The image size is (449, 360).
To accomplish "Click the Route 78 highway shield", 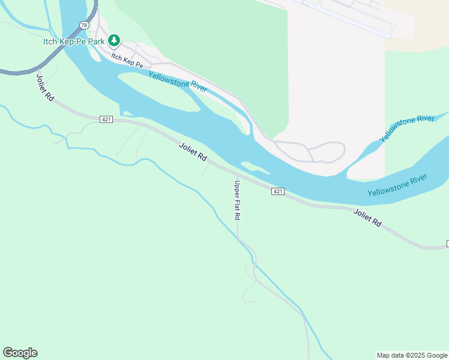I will [84, 25].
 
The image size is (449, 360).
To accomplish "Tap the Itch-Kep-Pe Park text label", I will [74, 41].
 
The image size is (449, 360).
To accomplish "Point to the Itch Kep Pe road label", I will [127, 60].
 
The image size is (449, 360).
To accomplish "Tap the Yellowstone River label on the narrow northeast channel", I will [407, 129].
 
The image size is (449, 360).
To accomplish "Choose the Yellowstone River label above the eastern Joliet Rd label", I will [397, 185].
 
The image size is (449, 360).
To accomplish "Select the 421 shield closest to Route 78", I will [106, 119].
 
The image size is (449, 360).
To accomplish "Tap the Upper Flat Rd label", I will [238, 200].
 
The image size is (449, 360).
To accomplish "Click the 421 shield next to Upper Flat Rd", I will [277, 191].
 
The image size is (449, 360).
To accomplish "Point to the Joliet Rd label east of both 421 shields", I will [367, 217].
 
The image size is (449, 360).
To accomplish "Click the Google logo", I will [20, 353].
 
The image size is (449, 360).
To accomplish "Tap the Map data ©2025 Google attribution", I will [412, 355].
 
